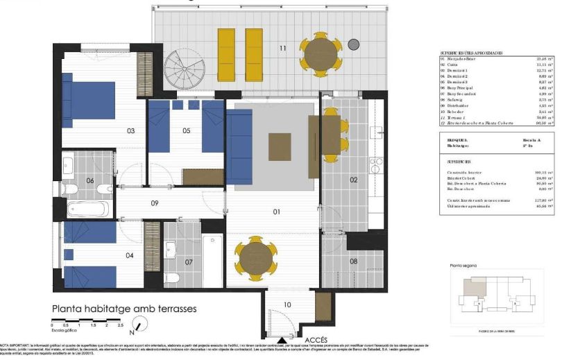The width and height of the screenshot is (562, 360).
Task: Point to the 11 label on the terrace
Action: [x=282, y=48]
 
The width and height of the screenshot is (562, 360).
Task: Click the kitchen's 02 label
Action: [x=353, y=180]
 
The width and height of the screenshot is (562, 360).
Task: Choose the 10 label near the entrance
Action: [x=287, y=305]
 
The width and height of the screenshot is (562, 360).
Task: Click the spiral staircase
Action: [x=182, y=69]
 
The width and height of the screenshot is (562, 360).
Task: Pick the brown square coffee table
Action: [x=280, y=146]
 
